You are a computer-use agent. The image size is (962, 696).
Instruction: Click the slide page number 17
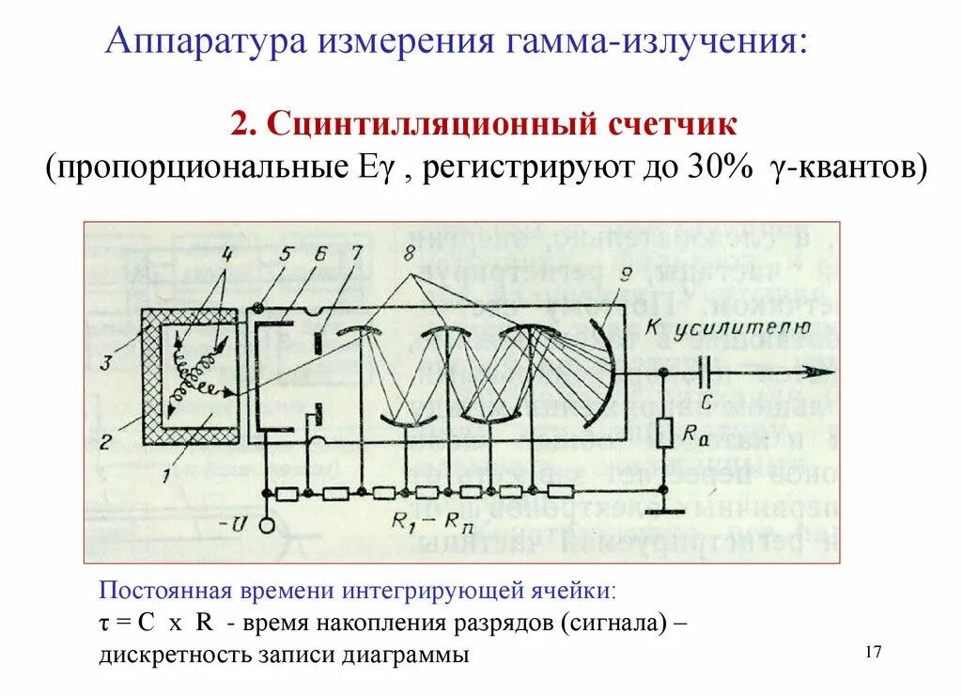[x=874, y=653]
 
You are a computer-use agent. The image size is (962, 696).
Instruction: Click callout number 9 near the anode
[x=628, y=275]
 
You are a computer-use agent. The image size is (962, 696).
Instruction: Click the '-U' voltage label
[x=227, y=520]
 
